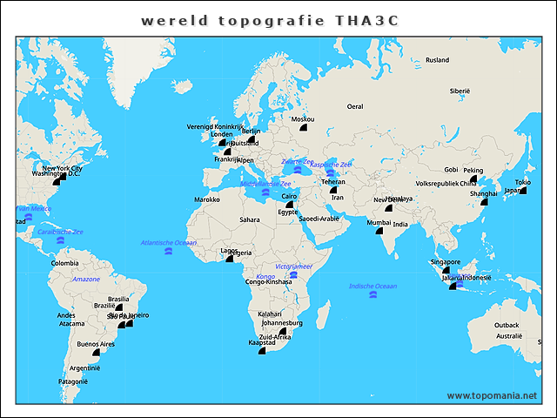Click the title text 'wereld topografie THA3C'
coord(270,21)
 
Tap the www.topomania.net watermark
coord(492,395)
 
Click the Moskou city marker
coord(304,128)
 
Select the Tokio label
coord(522,182)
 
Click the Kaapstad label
coord(262,343)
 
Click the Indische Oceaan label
coord(372,286)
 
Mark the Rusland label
coord(437,60)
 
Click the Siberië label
coord(460,91)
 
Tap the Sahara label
coord(250,219)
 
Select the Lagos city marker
coord(231,259)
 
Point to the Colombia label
coord(64,263)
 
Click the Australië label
coord(509,335)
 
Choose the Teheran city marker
coord(332,190)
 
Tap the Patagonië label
coord(73,381)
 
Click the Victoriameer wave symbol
coord(294,275)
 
